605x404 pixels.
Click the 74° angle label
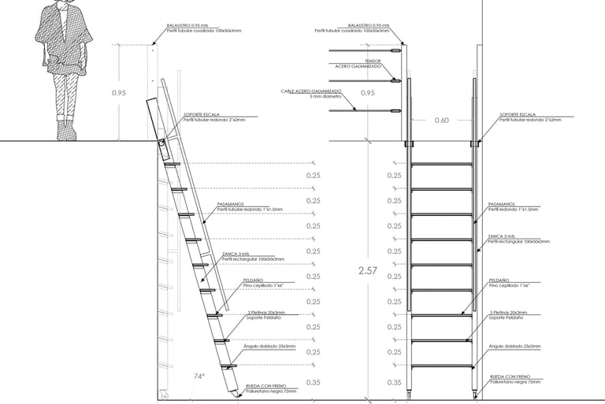199,376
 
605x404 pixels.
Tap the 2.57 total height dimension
368,271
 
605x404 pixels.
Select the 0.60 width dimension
442,120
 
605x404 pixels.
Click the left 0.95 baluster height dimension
118,92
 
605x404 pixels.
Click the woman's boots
67,128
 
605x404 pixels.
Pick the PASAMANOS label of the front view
501,204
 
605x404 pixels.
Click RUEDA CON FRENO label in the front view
510,377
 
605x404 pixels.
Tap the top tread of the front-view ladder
441,164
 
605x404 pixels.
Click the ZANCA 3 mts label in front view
502,236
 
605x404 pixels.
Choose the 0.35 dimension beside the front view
395,382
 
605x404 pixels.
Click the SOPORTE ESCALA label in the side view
200,115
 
